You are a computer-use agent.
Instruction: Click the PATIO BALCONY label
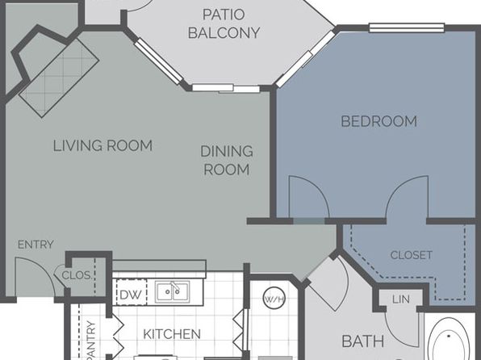(x=224, y=23)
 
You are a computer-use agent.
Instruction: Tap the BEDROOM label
(x=379, y=121)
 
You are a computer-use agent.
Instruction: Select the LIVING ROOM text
(x=102, y=145)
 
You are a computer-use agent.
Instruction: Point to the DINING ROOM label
(x=227, y=160)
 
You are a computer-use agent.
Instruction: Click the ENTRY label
(x=36, y=245)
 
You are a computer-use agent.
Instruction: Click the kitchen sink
(x=172, y=291)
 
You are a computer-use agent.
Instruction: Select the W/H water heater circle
(x=274, y=298)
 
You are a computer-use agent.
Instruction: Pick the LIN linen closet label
(x=401, y=299)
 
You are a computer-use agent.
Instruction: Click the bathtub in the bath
(x=449, y=339)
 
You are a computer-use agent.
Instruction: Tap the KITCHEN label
(x=172, y=334)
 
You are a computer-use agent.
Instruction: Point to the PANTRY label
(x=91, y=340)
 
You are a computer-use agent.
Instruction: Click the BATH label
(x=363, y=341)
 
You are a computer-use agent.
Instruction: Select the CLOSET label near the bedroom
(x=412, y=255)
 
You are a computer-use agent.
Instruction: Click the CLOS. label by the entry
(x=77, y=275)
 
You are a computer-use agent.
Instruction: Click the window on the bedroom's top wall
(x=407, y=27)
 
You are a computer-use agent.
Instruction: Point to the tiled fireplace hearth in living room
(x=59, y=78)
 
